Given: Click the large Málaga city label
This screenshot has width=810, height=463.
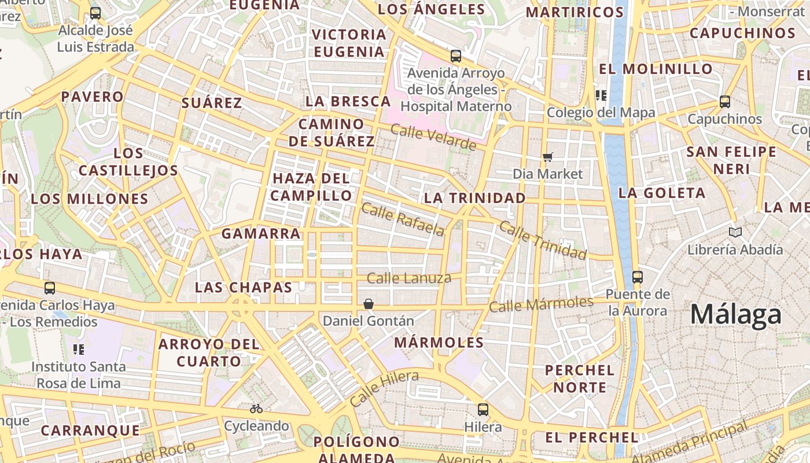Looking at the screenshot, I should coord(735,314).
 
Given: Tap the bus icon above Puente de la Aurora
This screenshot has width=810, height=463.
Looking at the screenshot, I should coord(638,277).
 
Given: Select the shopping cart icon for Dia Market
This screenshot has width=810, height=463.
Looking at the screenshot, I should coord(547,157).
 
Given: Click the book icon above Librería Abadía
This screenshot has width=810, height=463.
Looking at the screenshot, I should coord(735,233).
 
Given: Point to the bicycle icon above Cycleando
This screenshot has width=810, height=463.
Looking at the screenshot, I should coord(256,409).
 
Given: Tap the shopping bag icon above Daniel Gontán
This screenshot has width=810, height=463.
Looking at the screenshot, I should coord(368,304).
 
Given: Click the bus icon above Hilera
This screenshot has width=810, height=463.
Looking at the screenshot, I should coord(483,410).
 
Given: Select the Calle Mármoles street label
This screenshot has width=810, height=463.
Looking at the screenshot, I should coord(541,304).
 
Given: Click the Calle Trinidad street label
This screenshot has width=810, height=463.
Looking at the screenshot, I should coord(542,240).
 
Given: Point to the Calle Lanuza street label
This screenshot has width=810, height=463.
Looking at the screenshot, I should coord(409,278).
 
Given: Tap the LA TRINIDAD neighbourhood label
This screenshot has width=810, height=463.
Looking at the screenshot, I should coord(474,198).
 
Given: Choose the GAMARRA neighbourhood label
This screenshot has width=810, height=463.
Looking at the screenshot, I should coord(261,234).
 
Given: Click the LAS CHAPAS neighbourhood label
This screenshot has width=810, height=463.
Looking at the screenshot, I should coord(244,287).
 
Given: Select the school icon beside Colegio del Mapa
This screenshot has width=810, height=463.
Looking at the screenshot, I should coord(601,95).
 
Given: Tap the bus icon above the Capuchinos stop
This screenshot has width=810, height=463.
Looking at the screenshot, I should coord(724,102).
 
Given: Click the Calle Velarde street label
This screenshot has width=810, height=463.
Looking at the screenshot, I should coord(433,137).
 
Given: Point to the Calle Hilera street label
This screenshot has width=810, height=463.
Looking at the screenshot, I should coord(384,388).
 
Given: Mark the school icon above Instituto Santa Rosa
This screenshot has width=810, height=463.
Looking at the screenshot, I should coord(79,350).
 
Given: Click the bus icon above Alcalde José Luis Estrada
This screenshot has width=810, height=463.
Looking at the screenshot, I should coord(95,13).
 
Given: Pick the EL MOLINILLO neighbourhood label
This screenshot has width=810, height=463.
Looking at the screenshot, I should coord(656,69).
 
